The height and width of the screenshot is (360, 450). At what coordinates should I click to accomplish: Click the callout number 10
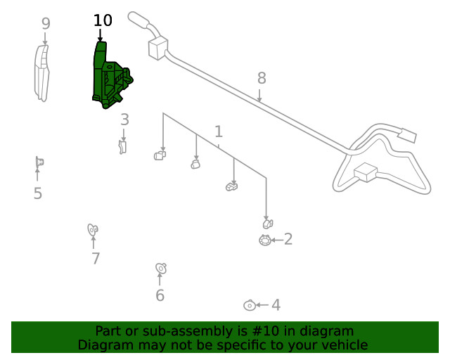103,21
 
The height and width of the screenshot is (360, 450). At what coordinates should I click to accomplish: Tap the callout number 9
46,24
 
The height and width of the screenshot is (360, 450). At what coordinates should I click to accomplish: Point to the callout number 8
261,77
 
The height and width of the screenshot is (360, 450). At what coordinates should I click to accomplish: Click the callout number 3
124,120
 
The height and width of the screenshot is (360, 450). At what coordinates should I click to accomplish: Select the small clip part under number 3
123,146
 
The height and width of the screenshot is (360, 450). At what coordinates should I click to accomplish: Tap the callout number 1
219,131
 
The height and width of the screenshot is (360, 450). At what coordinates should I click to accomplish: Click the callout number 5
38,193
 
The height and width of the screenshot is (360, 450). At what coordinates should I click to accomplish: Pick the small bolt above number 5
39,163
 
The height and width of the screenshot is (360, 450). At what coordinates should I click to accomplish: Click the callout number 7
96,259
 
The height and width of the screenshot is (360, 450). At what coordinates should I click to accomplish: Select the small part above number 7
92,229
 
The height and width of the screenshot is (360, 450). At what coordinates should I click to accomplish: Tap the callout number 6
160,295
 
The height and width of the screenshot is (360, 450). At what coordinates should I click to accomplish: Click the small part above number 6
160,268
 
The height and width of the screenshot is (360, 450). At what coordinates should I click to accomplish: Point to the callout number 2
288,240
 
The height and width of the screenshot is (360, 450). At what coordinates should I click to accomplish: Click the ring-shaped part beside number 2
264,240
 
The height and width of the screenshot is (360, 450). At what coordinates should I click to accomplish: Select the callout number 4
276,305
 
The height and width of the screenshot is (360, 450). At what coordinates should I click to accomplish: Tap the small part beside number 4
249,305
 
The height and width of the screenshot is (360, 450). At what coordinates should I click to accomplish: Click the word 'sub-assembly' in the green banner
196,331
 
